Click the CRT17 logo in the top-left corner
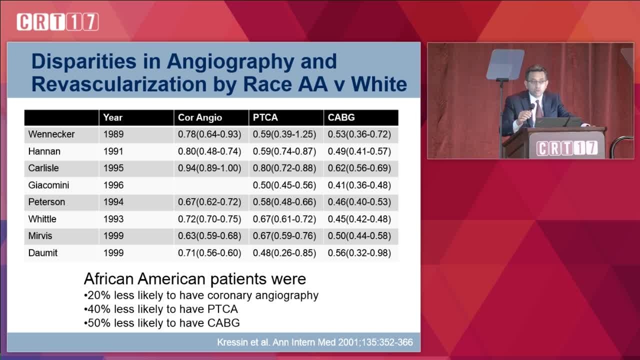57,21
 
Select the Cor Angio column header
200,117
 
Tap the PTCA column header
265,117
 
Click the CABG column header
341,117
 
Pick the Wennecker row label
51,134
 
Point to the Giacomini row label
48,185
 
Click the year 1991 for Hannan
113,151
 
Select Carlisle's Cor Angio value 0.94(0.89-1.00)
209,168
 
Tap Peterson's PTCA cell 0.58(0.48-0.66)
284,202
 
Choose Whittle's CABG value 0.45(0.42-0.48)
359,219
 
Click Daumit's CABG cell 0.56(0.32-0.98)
359,253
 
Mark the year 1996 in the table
113,185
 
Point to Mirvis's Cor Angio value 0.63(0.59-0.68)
209,236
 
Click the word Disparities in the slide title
84,61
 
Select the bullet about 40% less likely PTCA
161,309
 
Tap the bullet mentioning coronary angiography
201,295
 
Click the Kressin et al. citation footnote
315,342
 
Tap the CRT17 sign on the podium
566,148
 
